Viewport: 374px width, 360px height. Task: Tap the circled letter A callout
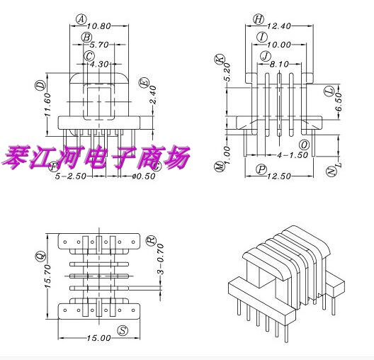pyautogui.click(x=81, y=19)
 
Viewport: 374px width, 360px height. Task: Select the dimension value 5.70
pyautogui.click(x=100, y=44)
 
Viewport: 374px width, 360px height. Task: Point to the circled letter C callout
pyautogui.click(x=89, y=55)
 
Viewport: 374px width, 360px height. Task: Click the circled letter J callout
pyautogui.click(x=265, y=56)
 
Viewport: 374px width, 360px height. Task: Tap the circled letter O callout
pyautogui.click(x=304, y=145)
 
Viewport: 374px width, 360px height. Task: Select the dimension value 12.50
pyautogui.click(x=281, y=176)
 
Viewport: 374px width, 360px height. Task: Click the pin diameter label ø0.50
pyautogui.click(x=145, y=175)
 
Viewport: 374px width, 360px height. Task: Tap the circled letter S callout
pyautogui.click(x=123, y=331)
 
